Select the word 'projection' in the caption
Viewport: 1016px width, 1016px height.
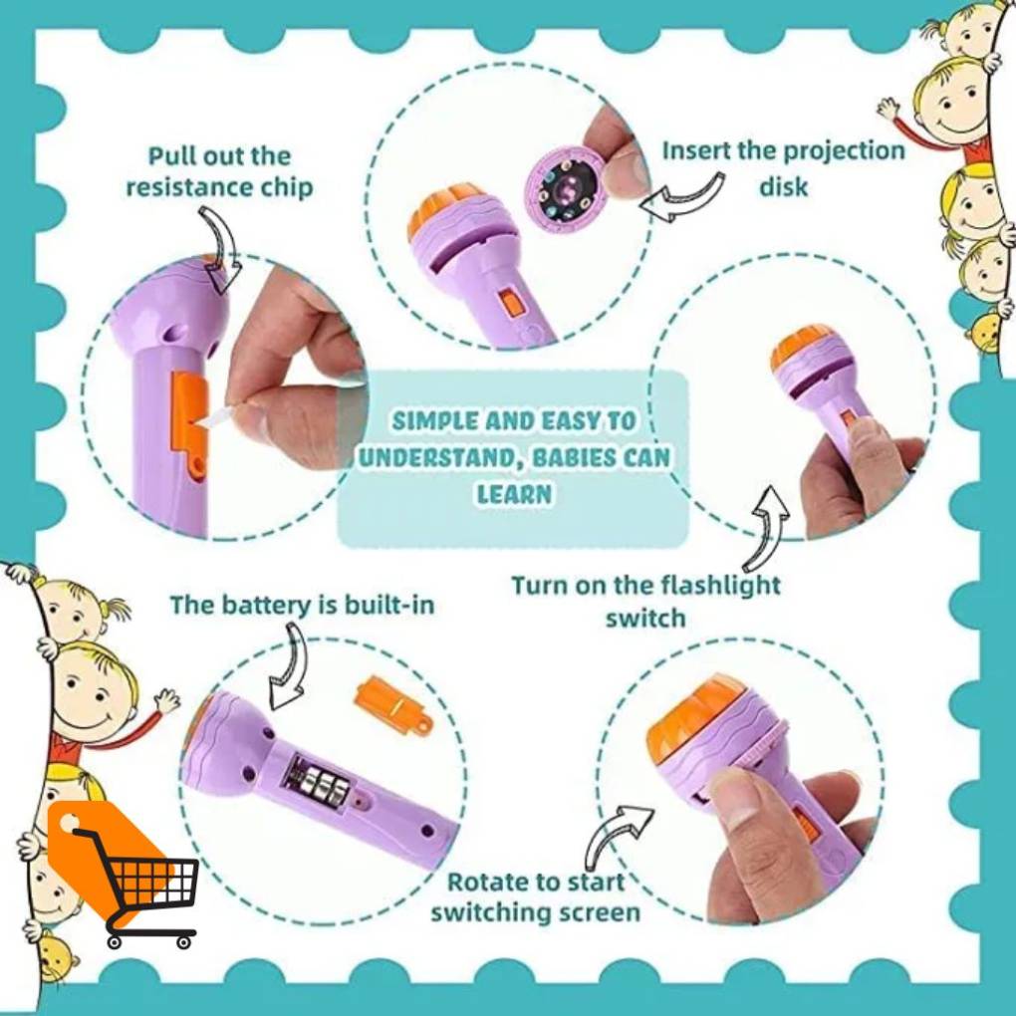[x=844, y=151]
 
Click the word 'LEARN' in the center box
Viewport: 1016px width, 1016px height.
[x=515, y=494]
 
